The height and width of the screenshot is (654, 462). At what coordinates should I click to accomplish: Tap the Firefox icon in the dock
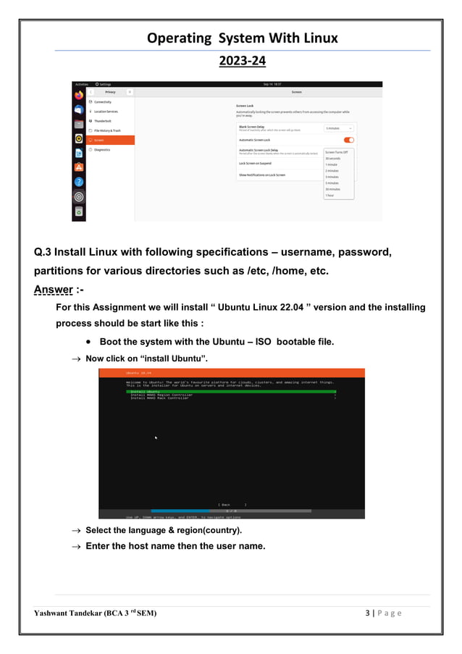point(79,95)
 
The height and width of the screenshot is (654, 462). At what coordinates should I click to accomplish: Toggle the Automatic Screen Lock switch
point(348,140)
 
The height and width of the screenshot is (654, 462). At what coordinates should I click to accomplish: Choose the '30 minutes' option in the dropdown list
point(332,189)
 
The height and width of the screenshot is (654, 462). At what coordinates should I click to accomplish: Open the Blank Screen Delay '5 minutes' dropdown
point(338,128)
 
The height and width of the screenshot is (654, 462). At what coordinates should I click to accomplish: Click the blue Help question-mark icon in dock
point(79,182)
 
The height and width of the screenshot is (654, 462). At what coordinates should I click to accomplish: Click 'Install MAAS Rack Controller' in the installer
point(160,398)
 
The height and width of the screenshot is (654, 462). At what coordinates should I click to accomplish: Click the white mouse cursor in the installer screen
point(156,437)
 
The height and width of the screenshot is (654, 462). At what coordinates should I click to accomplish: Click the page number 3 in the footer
point(369,614)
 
